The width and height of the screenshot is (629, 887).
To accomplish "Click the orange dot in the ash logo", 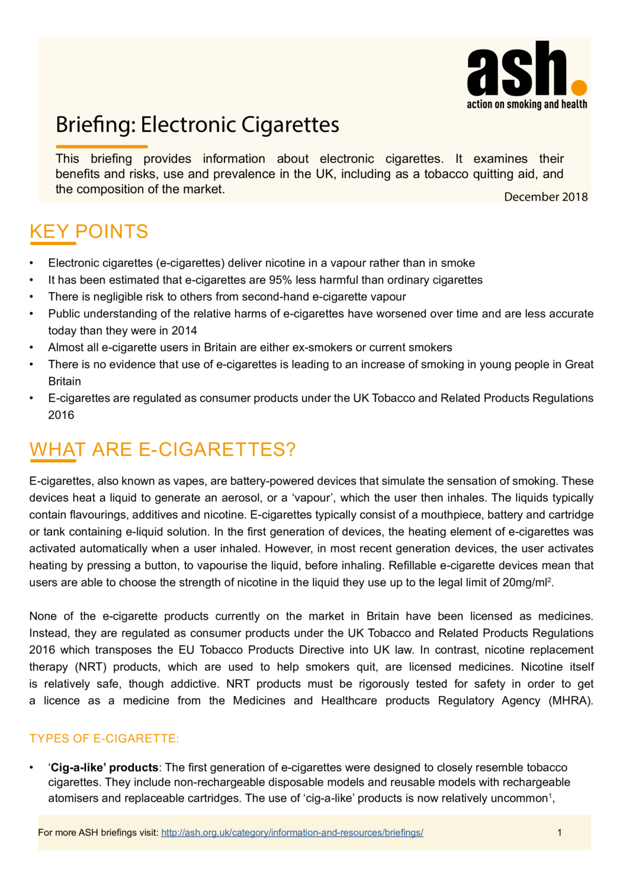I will (x=579, y=88).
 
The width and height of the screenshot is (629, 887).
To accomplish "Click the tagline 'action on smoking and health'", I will (x=527, y=104).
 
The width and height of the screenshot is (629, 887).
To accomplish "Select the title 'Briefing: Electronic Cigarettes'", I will (x=197, y=125).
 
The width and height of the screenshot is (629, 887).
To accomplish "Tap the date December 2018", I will (x=545, y=197).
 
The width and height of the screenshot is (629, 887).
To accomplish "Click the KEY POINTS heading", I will (x=89, y=232).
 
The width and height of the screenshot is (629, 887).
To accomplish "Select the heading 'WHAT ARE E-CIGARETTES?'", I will (x=162, y=450).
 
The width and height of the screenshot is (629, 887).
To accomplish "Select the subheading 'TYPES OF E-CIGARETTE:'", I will (x=104, y=739).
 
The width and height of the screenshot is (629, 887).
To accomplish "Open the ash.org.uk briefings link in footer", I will (x=292, y=833).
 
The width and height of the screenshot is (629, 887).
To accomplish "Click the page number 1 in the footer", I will (x=559, y=833).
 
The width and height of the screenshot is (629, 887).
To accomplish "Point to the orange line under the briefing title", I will (x=101, y=146).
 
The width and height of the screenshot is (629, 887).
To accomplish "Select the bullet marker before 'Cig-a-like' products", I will (x=32, y=768).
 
